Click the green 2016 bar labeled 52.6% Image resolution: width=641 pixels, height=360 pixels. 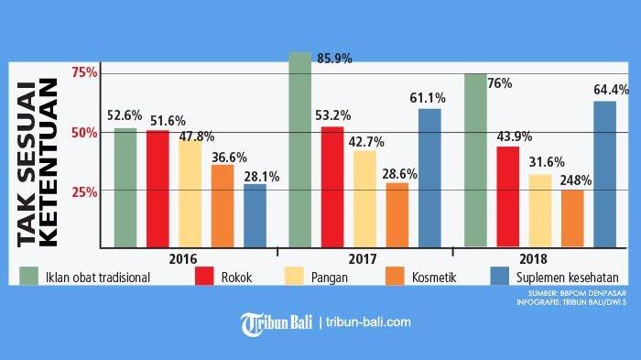[x=125, y=188]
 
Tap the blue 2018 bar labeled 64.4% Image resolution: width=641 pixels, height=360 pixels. [x=604, y=174]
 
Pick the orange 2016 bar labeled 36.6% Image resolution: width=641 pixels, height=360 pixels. [x=223, y=206]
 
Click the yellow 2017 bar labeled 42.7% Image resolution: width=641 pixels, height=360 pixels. [x=364, y=199]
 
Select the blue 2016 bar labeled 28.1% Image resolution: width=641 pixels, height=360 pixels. [x=255, y=215]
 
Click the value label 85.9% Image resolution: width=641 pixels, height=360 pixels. [x=336, y=58]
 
